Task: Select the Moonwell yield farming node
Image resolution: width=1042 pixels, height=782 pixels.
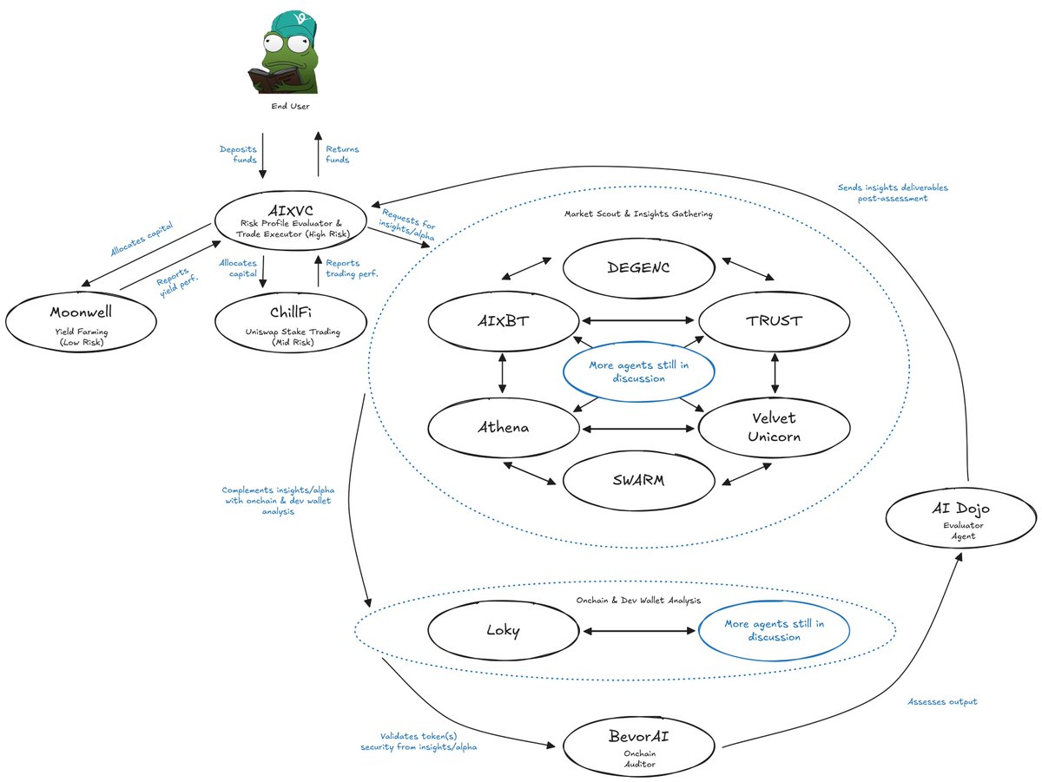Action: [x=81, y=321]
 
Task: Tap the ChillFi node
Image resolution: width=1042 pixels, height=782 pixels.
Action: [x=290, y=321]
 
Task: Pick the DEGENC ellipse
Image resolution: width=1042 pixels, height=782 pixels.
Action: [x=638, y=267]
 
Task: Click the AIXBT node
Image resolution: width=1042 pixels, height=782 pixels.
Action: [x=504, y=321]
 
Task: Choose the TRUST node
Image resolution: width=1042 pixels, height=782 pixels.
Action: [x=775, y=321]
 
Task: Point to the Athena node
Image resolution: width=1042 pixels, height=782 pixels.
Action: [x=504, y=427]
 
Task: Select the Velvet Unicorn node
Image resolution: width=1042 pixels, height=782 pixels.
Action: [x=775, y=427]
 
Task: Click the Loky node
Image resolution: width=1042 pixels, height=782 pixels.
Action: [x=504, y=630]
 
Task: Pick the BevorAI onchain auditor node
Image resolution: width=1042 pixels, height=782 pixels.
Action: [x=638, y=744]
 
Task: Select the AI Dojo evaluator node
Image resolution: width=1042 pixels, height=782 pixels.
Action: [x=960, y=518]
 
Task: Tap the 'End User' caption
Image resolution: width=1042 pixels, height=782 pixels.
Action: [x=290, y=107]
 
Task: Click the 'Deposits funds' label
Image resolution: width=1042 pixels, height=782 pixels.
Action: [x=238, y=155]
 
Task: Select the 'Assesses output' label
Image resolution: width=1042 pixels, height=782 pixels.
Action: [x=942, y=701]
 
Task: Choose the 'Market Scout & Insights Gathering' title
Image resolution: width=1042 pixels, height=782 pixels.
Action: [x=639, y=214]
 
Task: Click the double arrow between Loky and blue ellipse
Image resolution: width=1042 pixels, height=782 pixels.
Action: [x=638, y=630]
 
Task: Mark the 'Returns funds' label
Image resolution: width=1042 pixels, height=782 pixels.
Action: [x=342, y=155]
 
